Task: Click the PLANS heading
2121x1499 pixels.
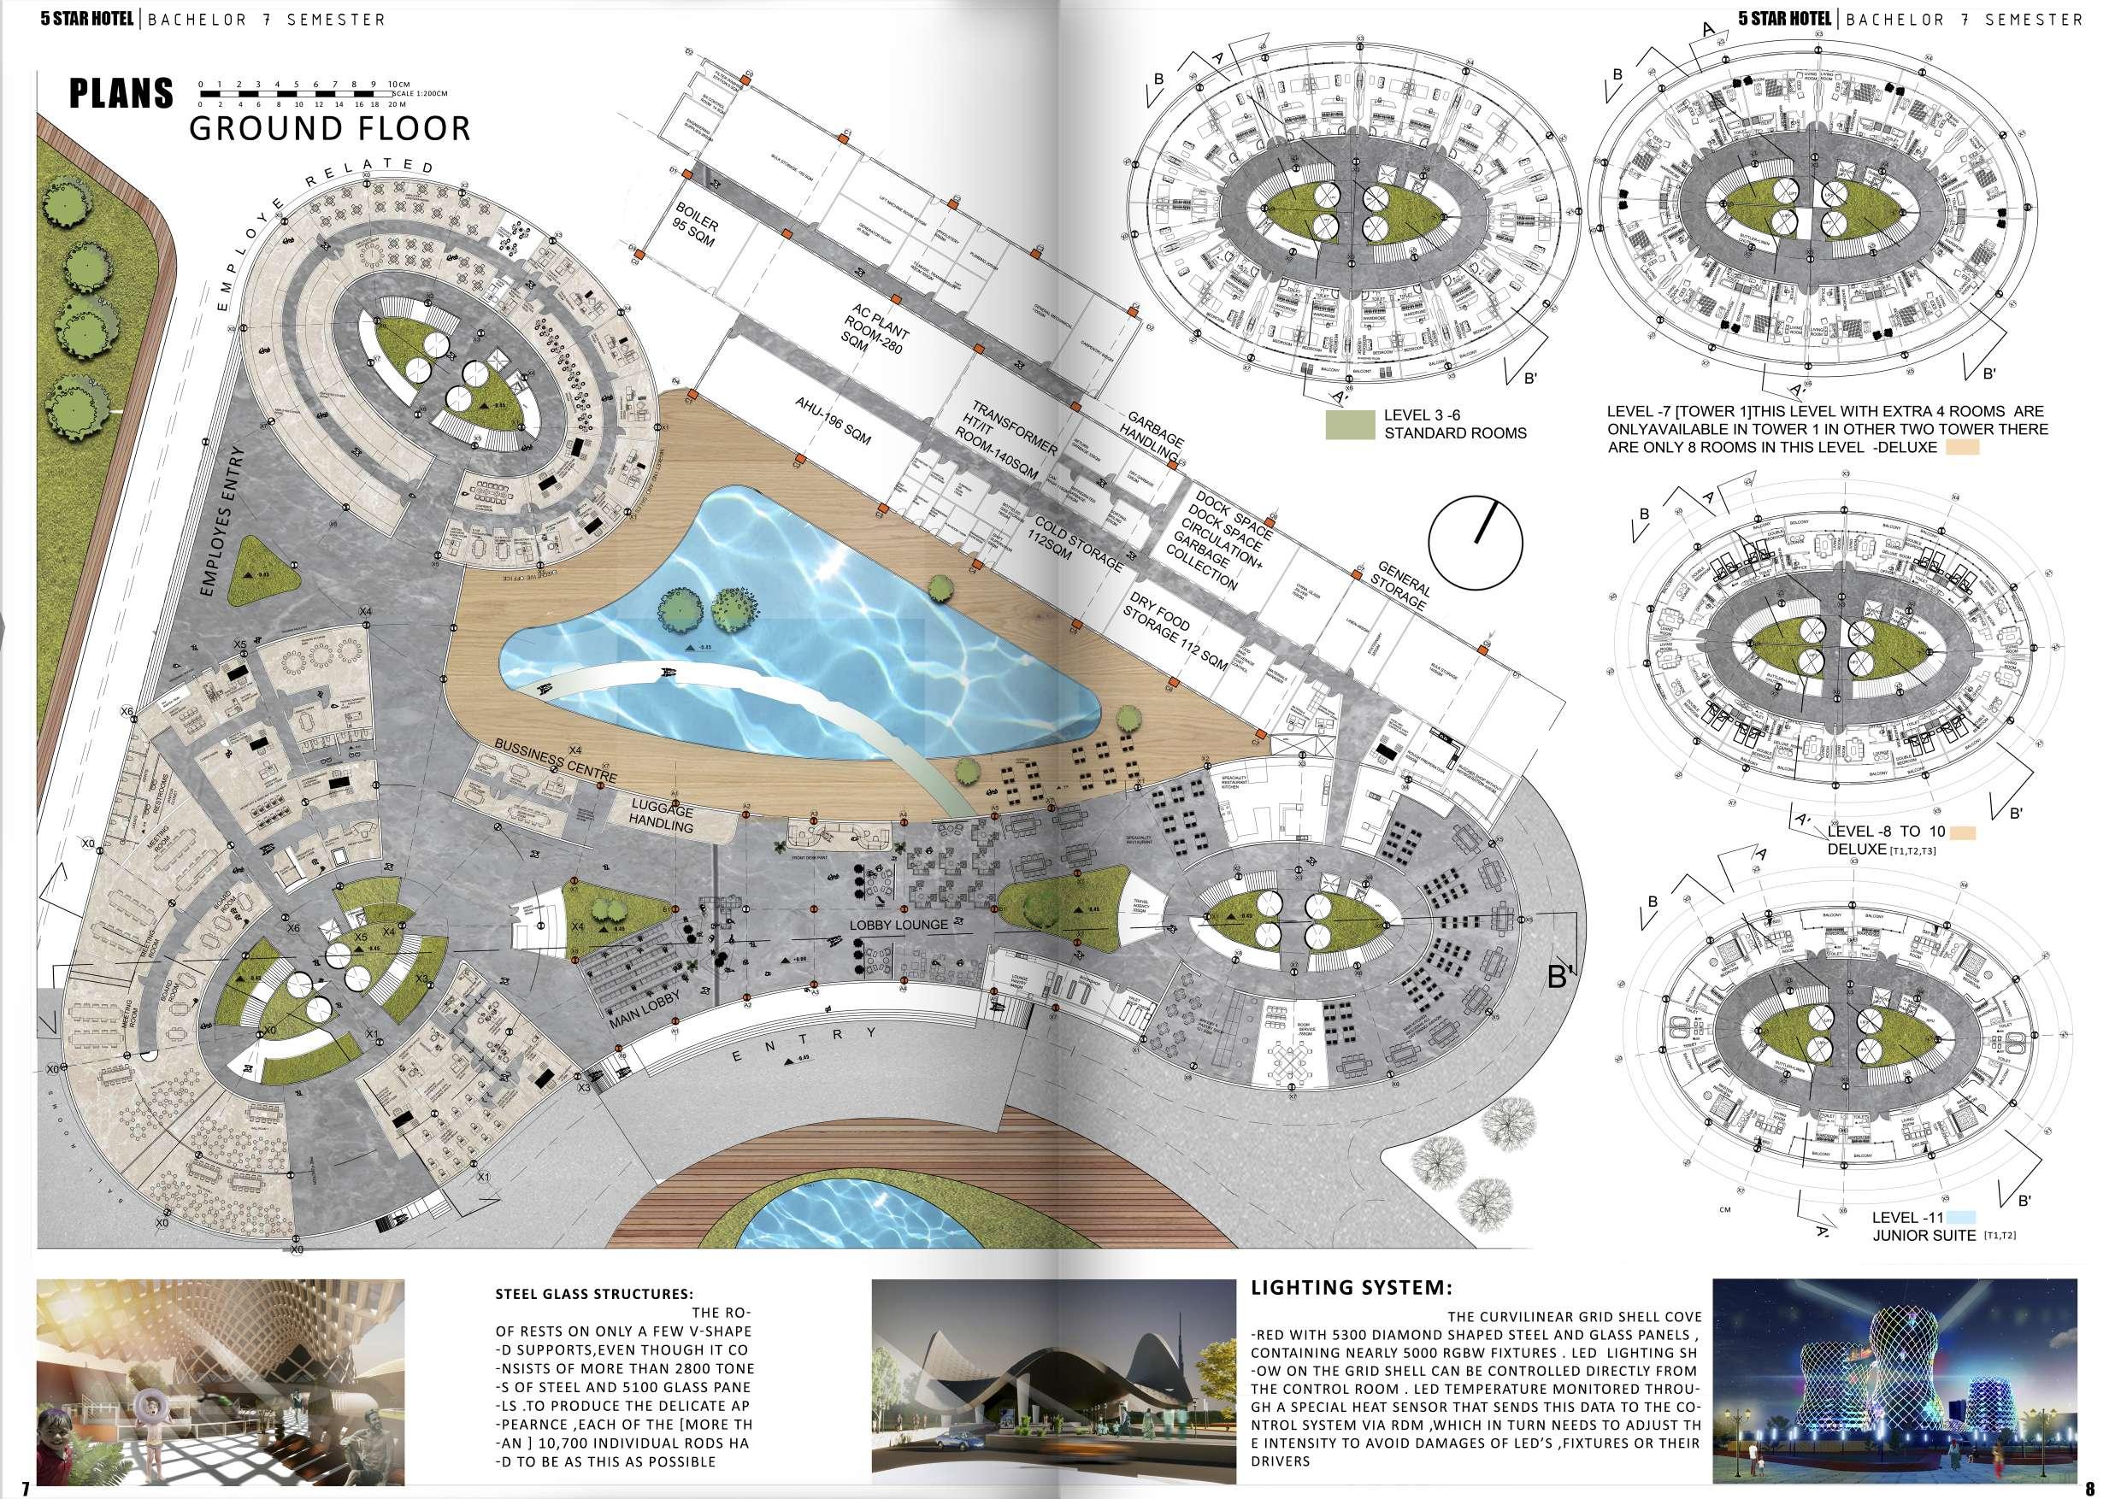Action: (121, 93)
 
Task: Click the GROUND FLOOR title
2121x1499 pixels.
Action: (330, 128)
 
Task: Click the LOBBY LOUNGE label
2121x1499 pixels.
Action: (898, 925)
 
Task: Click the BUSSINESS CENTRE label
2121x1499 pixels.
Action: (554, 762)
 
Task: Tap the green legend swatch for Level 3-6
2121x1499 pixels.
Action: (1350, 424)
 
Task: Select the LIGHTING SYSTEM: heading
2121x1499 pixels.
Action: (1352, 1288)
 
